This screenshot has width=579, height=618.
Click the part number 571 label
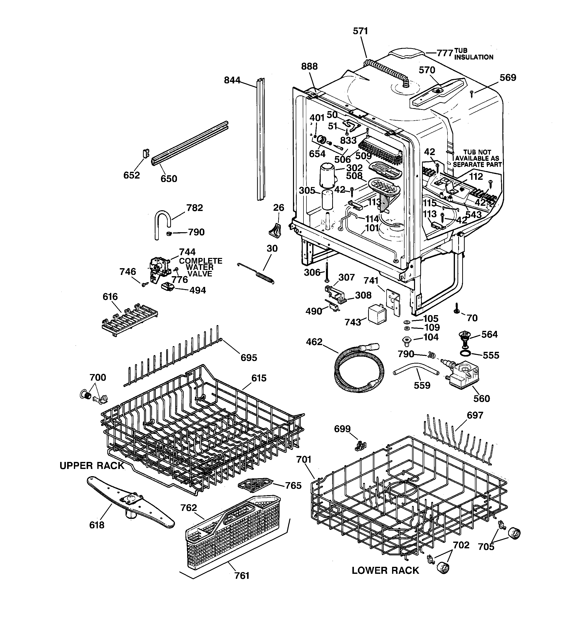click(x=360, y=31)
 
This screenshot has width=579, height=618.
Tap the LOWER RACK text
click(x=385, y=571)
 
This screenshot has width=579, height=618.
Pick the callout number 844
click(x=232, y=80)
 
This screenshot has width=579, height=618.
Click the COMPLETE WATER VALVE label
click(x=200, y=267)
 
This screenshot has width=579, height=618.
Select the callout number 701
click(x=304, y=459)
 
